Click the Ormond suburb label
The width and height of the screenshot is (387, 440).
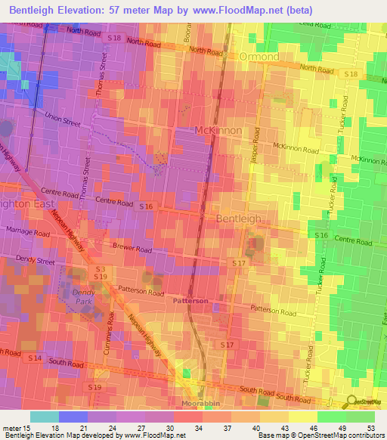(259, 57)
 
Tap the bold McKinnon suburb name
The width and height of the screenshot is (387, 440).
(218, 130)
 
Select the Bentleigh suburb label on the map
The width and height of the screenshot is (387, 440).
(239, 218)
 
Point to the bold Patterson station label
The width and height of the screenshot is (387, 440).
(190, 300)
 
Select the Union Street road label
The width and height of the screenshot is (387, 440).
(63, 117)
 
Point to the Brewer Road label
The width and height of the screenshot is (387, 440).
(132, 248)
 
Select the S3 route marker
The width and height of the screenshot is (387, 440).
(100, 268)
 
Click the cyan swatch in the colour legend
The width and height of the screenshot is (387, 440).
(45, 417)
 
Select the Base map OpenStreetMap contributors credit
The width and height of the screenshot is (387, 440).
(320, 435)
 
